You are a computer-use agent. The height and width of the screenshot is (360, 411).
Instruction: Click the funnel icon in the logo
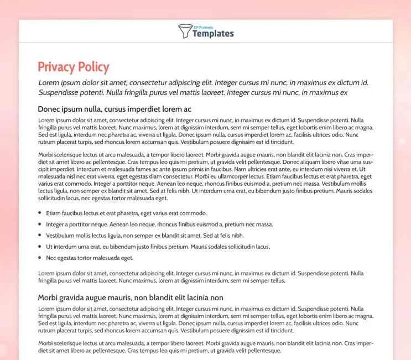[x=185, y=32]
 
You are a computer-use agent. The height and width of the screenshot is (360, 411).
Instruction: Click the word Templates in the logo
[x=213, y=34]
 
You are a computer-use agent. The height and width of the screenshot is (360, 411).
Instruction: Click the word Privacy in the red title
[x=56, y=67]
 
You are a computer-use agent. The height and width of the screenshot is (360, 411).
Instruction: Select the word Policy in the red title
[x=93, y=67]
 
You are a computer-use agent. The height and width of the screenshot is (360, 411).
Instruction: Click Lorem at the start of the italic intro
[x=50, y=82]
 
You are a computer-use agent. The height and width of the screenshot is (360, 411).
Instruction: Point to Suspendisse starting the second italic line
[x=63, y=92]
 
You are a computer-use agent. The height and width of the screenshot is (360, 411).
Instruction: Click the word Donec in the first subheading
[x=49, y=109]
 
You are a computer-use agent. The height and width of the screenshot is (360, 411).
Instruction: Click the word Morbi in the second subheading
[x=49, y=298]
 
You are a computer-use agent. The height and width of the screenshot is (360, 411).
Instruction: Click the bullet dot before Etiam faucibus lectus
[x=40, y=213]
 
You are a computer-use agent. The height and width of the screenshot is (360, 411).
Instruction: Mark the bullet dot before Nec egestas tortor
[x=40, y=258]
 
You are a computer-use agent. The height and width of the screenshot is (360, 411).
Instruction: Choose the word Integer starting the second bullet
[x=56, y=225]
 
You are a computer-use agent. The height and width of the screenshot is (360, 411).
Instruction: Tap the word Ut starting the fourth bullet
[x=49, y=247]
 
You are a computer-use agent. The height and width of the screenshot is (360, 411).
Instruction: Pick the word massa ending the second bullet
[x=263, y=225]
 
